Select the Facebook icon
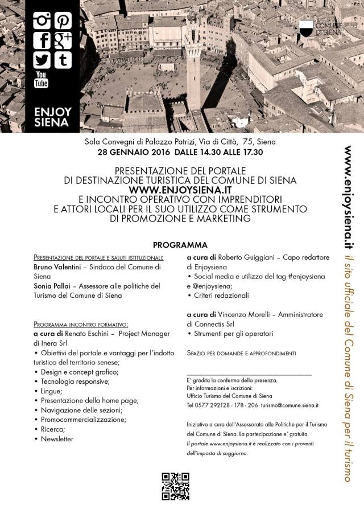[x=42, y=40]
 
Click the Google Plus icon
[x=62, y=40]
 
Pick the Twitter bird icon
[x=42, y=59]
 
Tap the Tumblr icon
[x=62, y=59]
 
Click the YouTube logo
[x=42, y=80]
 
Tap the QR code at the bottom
[x=175, y=486]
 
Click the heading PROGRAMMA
[x=180, y=245]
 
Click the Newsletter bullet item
[x=57, y=439]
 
